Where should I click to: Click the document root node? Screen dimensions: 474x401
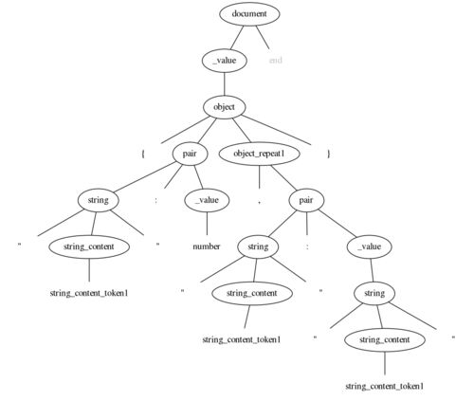coord(249,14)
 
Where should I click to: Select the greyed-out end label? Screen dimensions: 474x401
coord(275,60)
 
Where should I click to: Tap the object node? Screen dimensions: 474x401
coord(224,107)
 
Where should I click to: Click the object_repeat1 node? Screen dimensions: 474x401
coord(259,154)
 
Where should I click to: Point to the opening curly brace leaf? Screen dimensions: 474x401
coord(143,154)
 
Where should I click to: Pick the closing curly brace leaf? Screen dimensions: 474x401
coord(329,154)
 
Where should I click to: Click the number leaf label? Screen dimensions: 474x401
coord(207,246)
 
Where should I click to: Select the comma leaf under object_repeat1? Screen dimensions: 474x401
coord(259,201)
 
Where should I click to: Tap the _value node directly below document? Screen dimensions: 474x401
coord(225,61)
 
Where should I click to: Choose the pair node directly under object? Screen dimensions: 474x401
coord(190,154)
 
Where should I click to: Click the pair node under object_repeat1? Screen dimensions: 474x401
coord(306,200)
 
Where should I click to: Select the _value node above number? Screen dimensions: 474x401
coord(207,200)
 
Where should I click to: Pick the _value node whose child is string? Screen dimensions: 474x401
coord(370,246)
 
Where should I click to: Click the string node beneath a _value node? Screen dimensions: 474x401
coord(374,293)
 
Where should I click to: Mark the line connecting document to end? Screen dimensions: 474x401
coord(263,37)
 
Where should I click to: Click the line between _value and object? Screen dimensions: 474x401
coord(225,83)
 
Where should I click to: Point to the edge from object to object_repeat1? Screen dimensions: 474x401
coord(242,130)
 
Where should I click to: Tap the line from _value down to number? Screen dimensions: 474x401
coord(207,224)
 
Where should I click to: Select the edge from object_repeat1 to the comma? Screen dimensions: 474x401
coord(260,177)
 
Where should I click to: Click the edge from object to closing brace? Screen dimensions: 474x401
coord(277,130)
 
